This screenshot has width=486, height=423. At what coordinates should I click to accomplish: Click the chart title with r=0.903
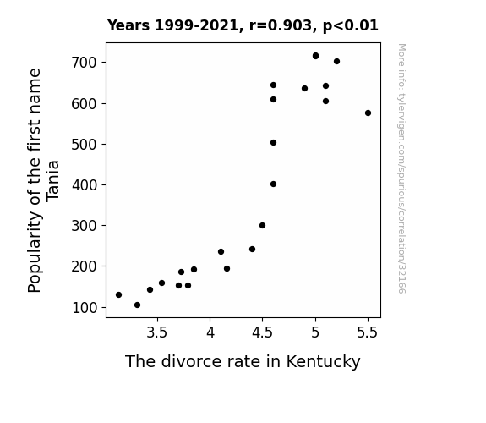coord(243,25)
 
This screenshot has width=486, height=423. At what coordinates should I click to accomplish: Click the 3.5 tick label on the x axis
coord(157,332)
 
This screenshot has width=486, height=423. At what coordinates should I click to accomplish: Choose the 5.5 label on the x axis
coord(368,332)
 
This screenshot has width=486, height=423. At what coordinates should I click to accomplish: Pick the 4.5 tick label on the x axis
coord(262,332)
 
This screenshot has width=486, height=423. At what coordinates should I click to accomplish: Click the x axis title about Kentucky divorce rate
coord(243,361)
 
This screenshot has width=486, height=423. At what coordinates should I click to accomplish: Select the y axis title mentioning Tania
coord(43,180)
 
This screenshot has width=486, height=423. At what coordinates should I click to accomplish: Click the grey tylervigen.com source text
coord(401,168)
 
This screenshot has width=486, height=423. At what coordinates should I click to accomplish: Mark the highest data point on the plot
coord(315,56)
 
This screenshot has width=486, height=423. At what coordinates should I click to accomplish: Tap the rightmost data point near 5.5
coord(368,113)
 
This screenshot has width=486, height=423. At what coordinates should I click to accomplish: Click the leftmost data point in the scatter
coord(118,294)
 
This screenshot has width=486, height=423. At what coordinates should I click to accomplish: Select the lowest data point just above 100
coord(137,305)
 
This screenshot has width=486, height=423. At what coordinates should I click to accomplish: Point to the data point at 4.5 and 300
coord(262,226)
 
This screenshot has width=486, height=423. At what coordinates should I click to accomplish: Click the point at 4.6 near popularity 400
coord(273,184)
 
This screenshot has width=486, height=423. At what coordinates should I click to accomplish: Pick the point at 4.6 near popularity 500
coord(273,143)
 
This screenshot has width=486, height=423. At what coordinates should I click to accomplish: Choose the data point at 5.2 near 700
coord(336,62)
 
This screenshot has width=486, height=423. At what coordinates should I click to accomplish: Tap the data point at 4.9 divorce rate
coord(304,89)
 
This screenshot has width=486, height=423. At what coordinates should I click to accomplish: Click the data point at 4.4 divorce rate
coord(253,250)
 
